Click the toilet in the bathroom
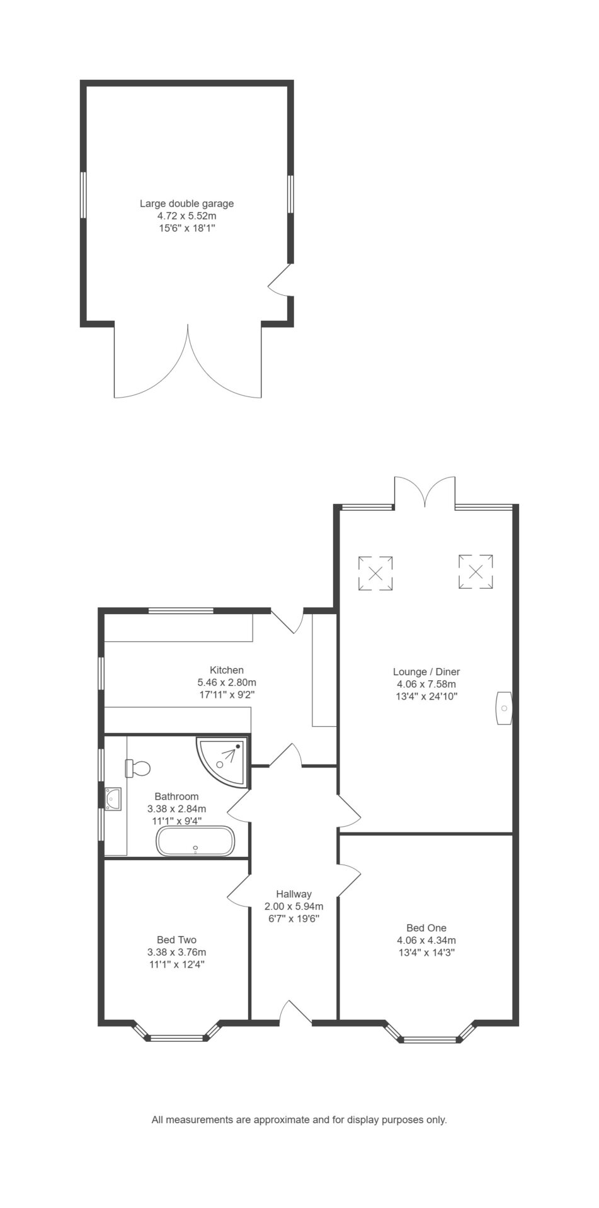click(139, 768)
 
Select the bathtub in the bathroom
click(195, 841)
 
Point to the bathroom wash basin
click(113, 798)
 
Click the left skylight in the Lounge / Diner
click(375, 573)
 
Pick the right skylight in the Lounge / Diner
click(476, 571)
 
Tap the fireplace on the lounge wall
click(505, 708)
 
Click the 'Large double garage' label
click(186, 204)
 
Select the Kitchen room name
click(227, 670)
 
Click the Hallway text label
click(294, 894)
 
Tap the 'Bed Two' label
click(176, 940)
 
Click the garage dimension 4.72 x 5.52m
click(186, 216)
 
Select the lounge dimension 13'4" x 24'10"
click(426, 696)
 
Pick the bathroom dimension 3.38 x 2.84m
click(176, 809)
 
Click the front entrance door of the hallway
click(295, 1012)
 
